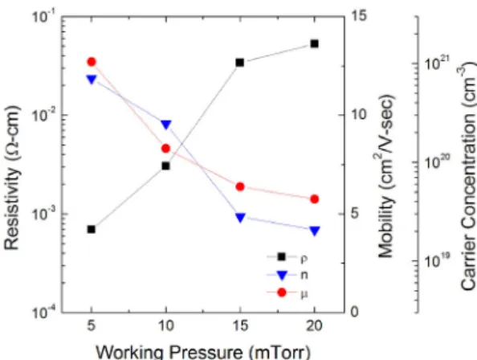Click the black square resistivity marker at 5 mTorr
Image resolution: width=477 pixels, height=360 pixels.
coord(92,229)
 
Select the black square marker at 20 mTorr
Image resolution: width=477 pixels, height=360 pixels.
coord(315,44)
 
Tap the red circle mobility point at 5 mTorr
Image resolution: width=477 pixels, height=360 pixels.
coord(92,62)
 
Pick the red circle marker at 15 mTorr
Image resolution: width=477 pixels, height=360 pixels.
coord(240,186)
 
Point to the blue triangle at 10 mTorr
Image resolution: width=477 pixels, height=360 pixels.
coord(165,125)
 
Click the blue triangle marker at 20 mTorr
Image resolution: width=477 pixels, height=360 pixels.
coord(315,231)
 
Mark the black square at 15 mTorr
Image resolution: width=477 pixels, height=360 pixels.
coord(240,63)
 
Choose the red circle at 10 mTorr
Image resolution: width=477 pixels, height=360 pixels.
coord(165,149)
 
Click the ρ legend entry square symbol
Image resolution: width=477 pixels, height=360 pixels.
coord(282,256)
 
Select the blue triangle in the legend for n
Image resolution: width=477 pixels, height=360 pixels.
coord(282,275)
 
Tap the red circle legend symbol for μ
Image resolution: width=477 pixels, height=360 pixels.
coord(282,292)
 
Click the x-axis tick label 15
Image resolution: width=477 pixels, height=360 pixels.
coord(240,326)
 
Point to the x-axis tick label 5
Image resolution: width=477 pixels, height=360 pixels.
coord(91,326)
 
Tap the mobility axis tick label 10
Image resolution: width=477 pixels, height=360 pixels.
coord(359,115)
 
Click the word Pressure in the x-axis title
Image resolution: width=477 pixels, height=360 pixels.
coord(206,352)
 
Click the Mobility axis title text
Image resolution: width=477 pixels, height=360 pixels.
coord(386,176)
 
